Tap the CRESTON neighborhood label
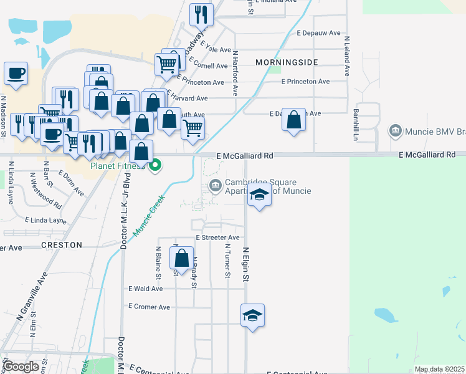tap(62, 245)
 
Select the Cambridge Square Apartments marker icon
tap(216, 185)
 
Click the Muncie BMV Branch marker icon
tap(395, 131)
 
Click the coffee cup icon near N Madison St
tap(16, 73)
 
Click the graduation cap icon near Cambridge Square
tap(260, 196)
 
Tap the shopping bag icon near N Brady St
tap(181, 259)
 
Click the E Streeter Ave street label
tap(217, 237)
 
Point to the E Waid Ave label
tap(145, 289)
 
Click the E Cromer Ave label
tap(149, 307)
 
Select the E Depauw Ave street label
tap(318, 32)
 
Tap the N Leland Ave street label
tap(346, 56)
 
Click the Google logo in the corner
tap(21, 367)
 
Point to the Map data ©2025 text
tap(439, 370)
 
